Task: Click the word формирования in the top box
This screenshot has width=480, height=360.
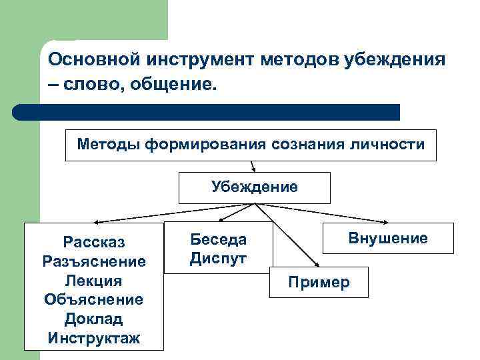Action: click(196, 144)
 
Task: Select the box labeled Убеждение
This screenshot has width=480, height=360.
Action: click(254, 187)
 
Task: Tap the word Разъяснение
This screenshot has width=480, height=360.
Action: click(94, 260)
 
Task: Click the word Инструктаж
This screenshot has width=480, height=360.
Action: click(94, 338)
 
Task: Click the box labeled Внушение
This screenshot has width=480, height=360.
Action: click(388, 238)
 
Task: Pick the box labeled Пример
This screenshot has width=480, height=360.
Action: click(319, 283)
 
